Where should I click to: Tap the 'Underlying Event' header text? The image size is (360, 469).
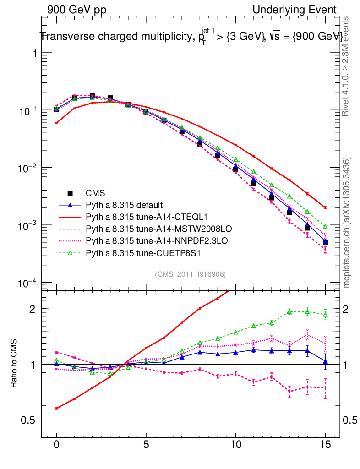(295, 10)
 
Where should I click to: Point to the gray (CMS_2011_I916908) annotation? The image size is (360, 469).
(190, 274)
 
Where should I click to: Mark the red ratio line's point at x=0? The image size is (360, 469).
(56, 408)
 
